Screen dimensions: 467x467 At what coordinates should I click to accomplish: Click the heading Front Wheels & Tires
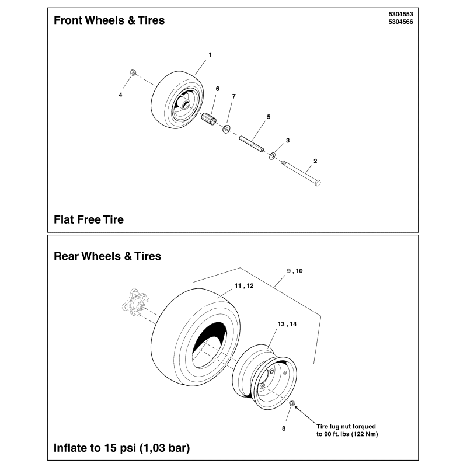109,20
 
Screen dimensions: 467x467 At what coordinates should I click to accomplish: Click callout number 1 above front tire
210,54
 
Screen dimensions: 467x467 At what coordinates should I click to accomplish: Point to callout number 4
121,95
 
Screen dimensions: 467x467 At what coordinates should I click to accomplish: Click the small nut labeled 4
133,73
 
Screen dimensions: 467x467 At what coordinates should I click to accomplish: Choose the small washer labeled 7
226,128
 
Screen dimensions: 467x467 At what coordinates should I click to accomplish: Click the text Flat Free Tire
89,220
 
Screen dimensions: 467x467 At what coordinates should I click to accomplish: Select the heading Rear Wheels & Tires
107,256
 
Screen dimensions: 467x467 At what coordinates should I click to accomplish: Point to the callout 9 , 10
295,271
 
